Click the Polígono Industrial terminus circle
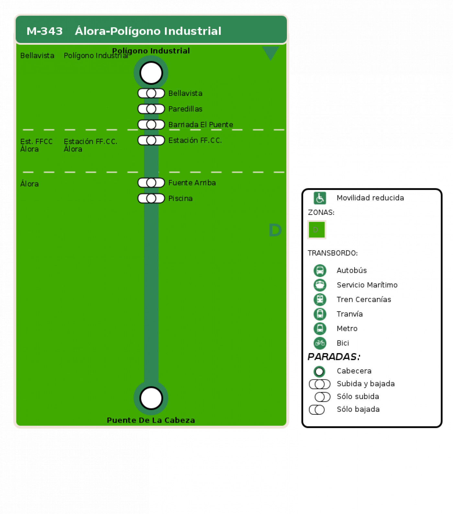[x=151, y=73]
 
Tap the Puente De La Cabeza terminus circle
[x=151, y=398]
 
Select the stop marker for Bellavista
[x=151, y=93]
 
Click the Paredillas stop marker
[x=151, y=109]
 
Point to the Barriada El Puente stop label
[x=201, y=125]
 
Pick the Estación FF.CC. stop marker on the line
[x=151, y=140]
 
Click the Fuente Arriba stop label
[x=192, y=183]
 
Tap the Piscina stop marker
[x=151, y=198]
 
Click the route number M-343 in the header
[x=45, y=31]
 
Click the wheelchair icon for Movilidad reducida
[x=320, y=198]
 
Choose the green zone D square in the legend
[x=317, y=230]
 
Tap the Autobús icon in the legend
[x=320, y=270]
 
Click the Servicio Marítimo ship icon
[x=320, y=285]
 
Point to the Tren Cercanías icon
[x=320, y=299]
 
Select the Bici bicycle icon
[x=320, y=343]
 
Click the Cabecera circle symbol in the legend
[x=319, y=371]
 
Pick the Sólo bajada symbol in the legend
[x=317, y=409]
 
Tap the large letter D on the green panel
[x=275, y=230]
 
